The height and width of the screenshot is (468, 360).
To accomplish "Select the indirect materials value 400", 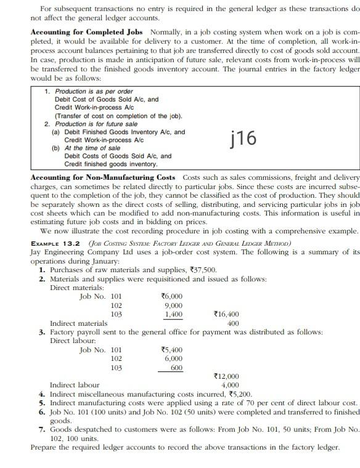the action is tap(233, 323).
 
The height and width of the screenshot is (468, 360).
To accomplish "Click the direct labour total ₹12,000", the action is tap(226, 376).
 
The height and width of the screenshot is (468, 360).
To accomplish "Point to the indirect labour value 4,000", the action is tap(230, 385).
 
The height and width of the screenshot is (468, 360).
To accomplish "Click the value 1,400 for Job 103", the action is tap(173, 314).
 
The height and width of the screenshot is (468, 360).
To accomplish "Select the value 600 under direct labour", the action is tap(176, 367).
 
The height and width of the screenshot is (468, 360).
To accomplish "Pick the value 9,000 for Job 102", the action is tap(173, 305).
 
